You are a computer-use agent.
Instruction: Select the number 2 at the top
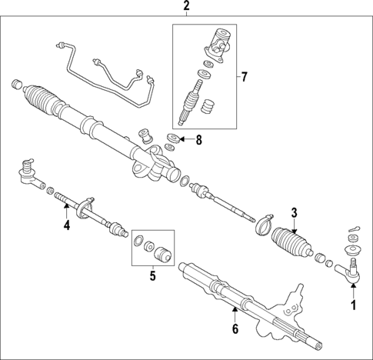coord(185,8)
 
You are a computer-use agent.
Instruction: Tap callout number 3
coord(293,213)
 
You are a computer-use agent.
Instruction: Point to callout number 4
coord(67,225)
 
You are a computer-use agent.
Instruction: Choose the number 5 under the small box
coord(152,275)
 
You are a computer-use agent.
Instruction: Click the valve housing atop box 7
coord(218,42)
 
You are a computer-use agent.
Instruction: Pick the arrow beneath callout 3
coord(293,225)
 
